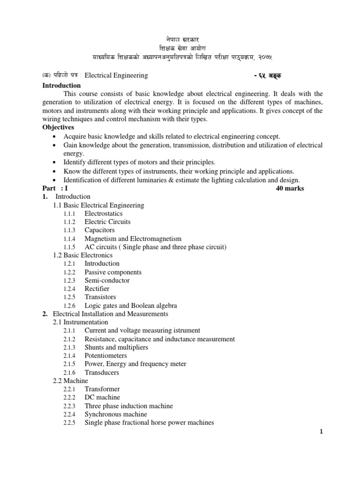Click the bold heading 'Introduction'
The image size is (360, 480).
(x=61, y=85)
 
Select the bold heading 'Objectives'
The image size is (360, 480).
(x=59, y=127)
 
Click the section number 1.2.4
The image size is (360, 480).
(x=70, y=289)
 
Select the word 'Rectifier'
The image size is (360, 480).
(x=97, y=289)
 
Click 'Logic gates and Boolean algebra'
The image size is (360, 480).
(x=131, y=306)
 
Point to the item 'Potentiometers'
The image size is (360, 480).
(x=105, y=356)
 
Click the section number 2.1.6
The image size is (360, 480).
(x=70, y=373)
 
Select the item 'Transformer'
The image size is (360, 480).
(x=102, y=389)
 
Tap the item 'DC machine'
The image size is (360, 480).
(x=102, y=397)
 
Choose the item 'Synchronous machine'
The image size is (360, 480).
(x=115, y=414)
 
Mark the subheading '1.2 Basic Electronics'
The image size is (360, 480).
(x=83, y=255)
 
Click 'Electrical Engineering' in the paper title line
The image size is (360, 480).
(x=116, y=75)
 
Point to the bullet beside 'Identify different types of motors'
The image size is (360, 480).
(x=56, y=162)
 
